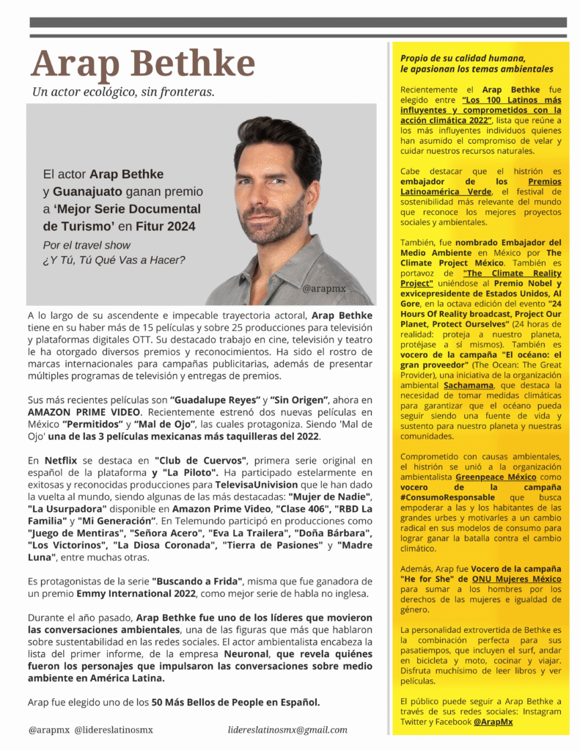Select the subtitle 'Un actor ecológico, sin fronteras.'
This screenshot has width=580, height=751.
click(122, 92)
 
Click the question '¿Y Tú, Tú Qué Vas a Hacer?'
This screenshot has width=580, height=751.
click(114, 260)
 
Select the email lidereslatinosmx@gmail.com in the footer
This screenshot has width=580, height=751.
click(287, 730)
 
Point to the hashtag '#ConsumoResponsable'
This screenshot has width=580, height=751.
click(449, 497)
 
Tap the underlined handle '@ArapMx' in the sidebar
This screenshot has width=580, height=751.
click(493, 722)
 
